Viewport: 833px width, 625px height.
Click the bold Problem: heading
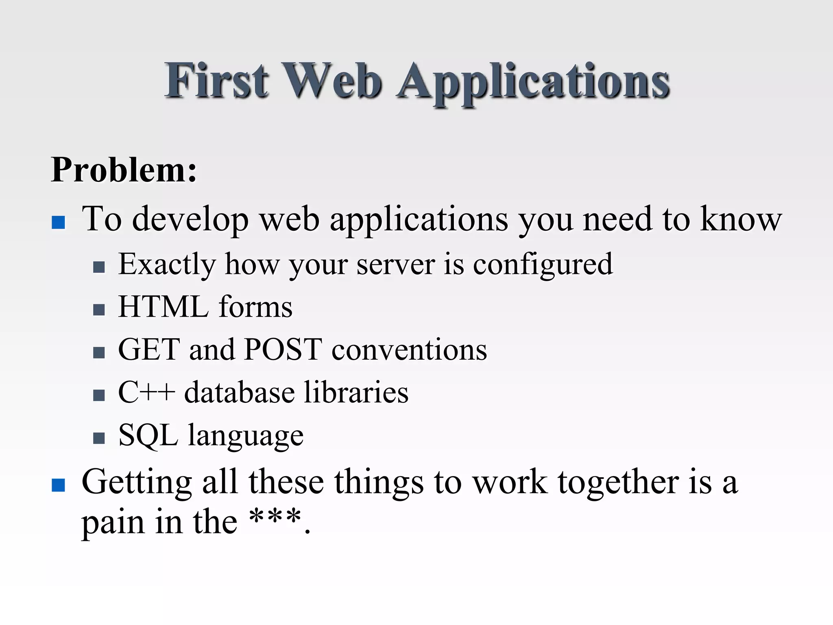point(124,170)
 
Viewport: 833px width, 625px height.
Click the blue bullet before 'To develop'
point(59,222)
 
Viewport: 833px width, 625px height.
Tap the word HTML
point(163,307)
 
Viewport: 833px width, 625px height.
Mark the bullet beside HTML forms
point(99,310)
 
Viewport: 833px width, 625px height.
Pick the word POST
point(283,350)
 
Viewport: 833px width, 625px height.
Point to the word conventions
point(409,350)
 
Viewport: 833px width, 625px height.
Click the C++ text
point(146,392)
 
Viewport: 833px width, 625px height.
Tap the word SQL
point(148,435)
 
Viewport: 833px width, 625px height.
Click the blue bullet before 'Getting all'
point(59,485)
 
